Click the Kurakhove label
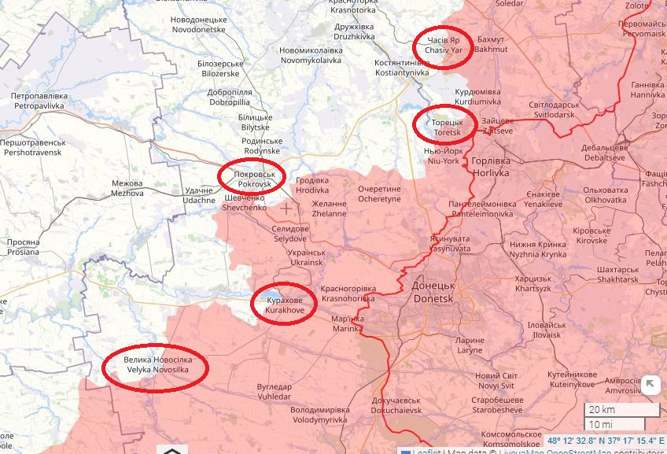[x=283, y=306]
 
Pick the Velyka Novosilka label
[x=156, y=366]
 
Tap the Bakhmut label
[x=492, y=44]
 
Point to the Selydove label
[x=290, y=233]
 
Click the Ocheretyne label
[x=379, y=194]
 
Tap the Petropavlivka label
[x=42, y=99]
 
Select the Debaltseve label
[x=604, y=153]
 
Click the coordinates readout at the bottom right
[x=605, y=441]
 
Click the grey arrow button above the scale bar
[x=650, y=386]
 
